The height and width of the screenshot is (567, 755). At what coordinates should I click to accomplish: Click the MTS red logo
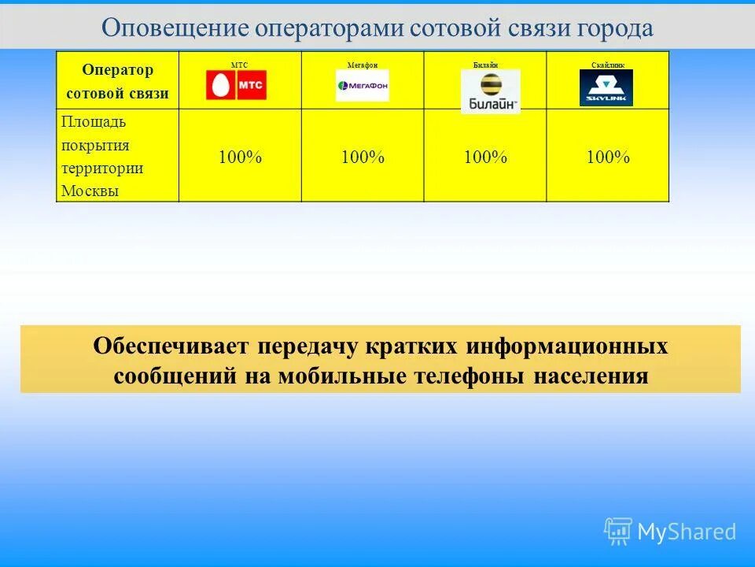click(x=236, y=85)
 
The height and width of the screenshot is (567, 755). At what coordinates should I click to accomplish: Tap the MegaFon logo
click(x=362, y=85)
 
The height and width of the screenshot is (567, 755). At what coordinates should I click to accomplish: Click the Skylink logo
click(x=606, y=87)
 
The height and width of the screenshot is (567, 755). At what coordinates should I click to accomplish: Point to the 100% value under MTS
click(x=240, y=157)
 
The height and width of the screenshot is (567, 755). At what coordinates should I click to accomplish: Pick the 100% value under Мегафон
click(x=363, y=157)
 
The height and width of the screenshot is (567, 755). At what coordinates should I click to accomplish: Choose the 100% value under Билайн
click(x=485, y=157)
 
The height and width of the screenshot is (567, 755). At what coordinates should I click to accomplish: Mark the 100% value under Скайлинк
click(x=608, y=157)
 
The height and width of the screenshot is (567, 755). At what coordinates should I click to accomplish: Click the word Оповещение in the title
click(x=175, y=28)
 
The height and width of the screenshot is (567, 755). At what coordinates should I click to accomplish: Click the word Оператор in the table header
click(x=118, y=69)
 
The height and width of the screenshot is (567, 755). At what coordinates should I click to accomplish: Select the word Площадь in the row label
click(x=94, y=122)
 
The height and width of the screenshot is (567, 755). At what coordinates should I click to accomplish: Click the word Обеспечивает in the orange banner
click(x=171, y=346)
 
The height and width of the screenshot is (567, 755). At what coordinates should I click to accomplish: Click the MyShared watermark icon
click(x=618, y=532)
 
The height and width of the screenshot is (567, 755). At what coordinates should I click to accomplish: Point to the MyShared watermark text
click(x=687, y=532)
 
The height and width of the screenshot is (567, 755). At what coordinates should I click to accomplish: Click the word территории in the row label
click(x=102, y=169)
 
